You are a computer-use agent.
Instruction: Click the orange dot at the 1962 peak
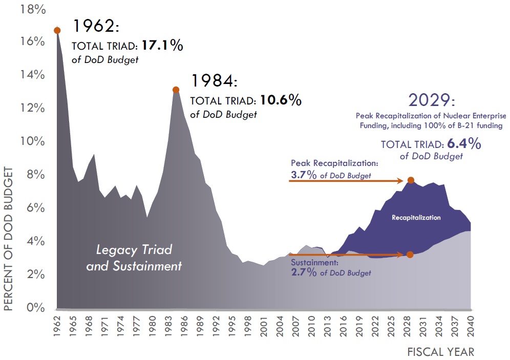pos(57,30)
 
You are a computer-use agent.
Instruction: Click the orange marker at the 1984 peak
pos(176,90)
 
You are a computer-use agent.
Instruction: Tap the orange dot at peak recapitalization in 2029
pos(410,180)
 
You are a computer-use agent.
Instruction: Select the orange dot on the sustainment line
pos(410,255)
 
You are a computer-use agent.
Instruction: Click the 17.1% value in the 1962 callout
pos(162,46)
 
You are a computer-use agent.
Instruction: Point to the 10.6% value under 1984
pos(281,100)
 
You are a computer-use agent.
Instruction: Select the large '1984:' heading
pos(215,81)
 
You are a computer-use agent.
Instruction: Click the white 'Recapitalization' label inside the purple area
pos(416,218)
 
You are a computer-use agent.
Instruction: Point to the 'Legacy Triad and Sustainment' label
pos(134,258)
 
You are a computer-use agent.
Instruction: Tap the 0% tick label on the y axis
pos(35,308)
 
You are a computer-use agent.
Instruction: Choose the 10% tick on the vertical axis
pos(32,141)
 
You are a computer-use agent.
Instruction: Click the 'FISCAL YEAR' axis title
pos(440,352)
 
